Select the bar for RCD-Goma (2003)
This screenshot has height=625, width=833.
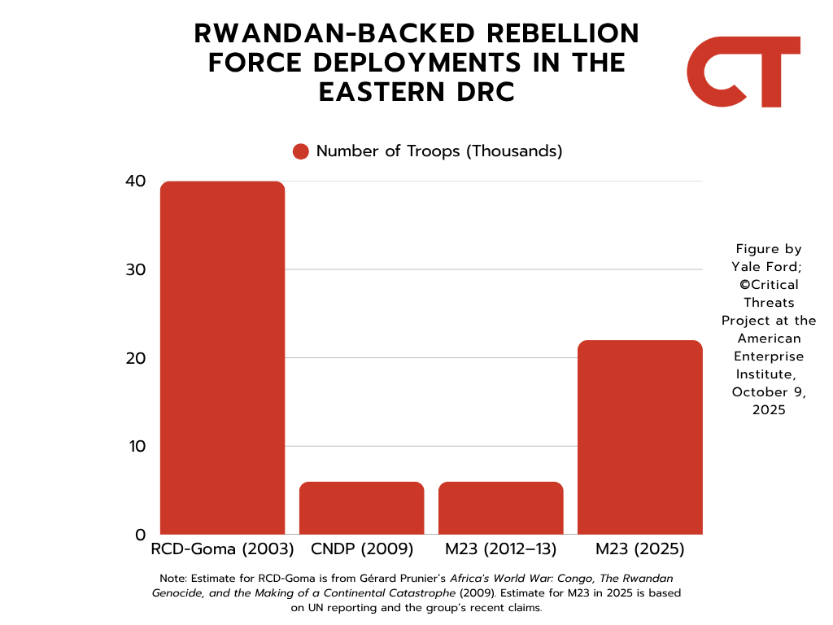click(x=223, y=358)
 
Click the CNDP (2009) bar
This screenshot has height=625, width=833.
click(x=362, y=508)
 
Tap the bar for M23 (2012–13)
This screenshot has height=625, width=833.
click(x=501, y=508)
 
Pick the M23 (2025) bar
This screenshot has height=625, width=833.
click(x=639, y=437)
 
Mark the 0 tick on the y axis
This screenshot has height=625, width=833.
click(x=140, y=535)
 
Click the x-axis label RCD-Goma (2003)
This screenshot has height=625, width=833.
click(x=223, y=549)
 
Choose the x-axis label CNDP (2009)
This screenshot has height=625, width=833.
click(x=362, y=549)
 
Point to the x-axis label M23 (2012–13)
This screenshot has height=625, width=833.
click(x=501, y=549)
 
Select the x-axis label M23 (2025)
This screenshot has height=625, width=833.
click(x=639, y=549)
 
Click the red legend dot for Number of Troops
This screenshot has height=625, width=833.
click(x=301, y=151)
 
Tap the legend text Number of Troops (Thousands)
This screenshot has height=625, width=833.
click(x=439, y=151)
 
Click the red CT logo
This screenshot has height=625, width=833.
click(x=744, y=72)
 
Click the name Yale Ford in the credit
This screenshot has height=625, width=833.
click(x=769, y=267)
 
